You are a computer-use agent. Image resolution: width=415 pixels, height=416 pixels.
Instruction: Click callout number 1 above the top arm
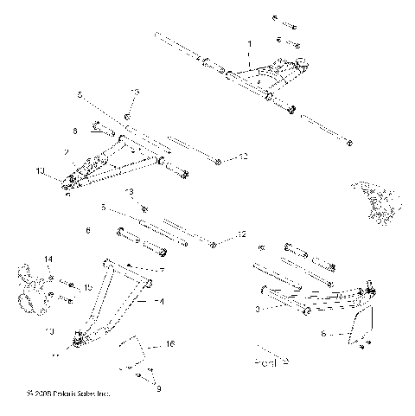tap(249, 42)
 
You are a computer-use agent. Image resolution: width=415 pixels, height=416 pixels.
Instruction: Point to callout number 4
tap(160, 302)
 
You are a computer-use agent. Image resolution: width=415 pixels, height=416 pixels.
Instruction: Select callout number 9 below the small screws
tap(158, 388)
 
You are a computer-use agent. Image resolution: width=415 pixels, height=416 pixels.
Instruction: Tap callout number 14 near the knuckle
tap(48, 259)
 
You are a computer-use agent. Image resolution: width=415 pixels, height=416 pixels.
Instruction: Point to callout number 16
tap(169, 343)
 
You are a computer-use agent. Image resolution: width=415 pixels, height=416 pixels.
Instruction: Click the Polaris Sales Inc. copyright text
tap(68, 394)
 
